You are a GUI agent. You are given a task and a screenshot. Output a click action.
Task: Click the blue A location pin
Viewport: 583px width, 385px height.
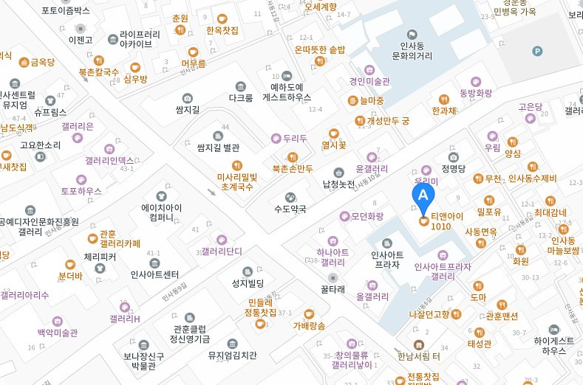423,196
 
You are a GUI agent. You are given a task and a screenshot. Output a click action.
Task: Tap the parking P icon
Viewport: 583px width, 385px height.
537,50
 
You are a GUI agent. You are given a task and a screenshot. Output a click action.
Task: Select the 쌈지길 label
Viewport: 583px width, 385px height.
188,109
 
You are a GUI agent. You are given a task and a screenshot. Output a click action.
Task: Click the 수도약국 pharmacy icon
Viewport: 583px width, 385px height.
290,196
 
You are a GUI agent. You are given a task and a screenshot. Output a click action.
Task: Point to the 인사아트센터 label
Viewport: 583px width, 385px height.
154,274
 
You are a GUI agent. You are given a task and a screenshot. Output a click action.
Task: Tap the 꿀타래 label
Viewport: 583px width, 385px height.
333,290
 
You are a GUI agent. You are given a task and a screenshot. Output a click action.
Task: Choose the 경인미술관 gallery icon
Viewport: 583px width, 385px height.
353,81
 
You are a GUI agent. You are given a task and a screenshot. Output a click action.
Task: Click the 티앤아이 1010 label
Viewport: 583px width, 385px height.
451,221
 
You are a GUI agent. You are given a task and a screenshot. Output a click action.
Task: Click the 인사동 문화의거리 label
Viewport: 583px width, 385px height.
412,50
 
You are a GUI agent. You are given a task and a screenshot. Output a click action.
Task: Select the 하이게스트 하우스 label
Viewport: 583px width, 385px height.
553,346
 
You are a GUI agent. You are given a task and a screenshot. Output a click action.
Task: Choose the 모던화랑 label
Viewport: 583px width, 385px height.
367,216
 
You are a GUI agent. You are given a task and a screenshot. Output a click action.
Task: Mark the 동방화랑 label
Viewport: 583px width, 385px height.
475,94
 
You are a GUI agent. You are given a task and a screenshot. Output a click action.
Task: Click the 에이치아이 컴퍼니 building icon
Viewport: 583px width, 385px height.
162,196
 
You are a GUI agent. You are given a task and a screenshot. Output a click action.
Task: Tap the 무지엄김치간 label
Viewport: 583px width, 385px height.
233,355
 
